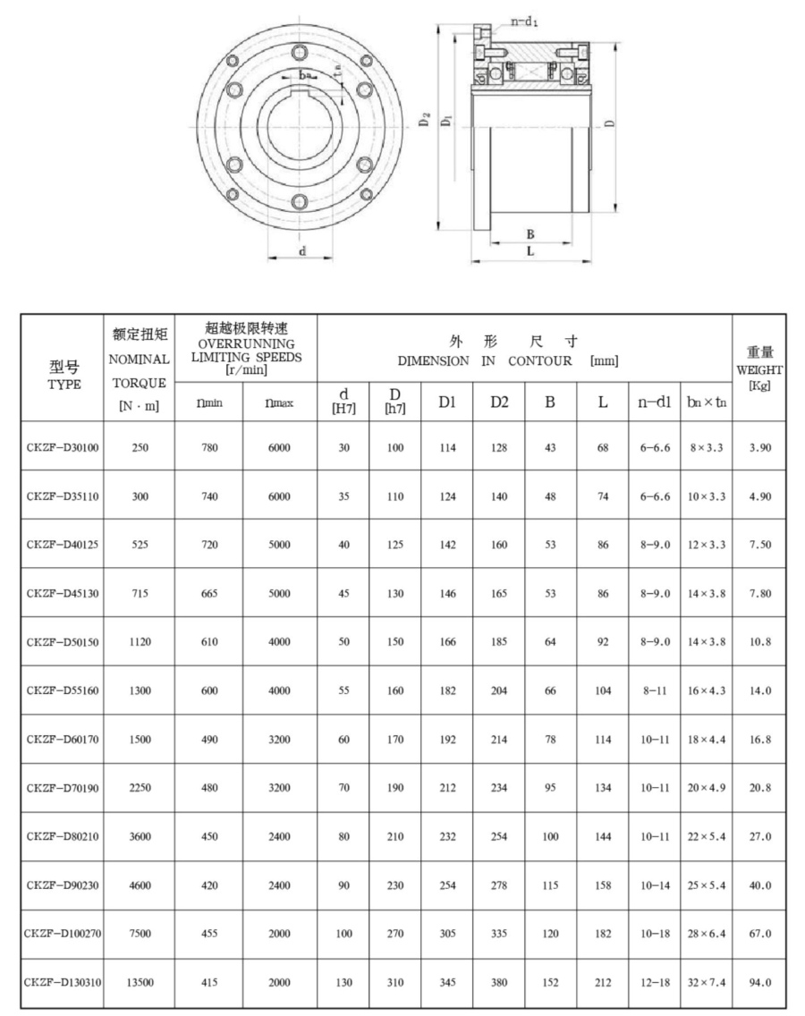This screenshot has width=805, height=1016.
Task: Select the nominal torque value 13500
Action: (x=140, y=982)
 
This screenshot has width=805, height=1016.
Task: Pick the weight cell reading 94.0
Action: (x=759, y=982)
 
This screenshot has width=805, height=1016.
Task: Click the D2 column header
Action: (x=499, y=402)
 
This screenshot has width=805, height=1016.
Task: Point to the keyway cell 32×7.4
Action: (x=707, y=982)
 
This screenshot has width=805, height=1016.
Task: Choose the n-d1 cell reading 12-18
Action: (x=655, y=982)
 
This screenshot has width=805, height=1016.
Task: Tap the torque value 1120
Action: (x=140, y=642)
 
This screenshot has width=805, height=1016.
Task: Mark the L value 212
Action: (x=603, y=982)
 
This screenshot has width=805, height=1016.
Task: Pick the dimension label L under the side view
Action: (x=530, y=251)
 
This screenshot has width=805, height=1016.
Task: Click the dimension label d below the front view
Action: (x=302, y=251)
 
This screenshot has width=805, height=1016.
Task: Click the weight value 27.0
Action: (x=759, y=836)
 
